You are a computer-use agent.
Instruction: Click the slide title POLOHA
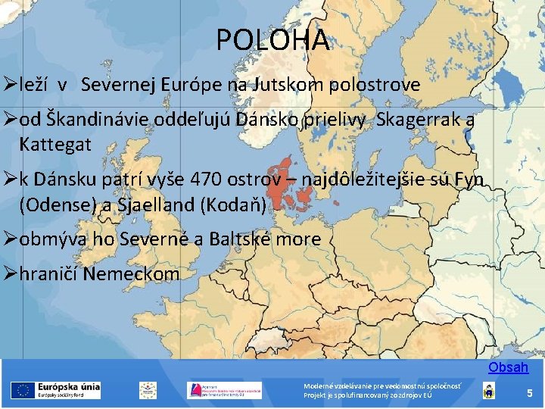click(x=272, y=40)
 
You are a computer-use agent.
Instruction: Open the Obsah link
click(x=508, y=367)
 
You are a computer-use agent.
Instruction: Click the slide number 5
click(x=530, y=393)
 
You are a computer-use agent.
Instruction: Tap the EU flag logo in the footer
click(x=20, y=390)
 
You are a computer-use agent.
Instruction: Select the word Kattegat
click(x=55, y=142)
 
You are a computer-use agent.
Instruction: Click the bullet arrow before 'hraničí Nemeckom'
click(x=10, y=273)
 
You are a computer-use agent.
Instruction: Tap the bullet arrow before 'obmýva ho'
click(x=10, y=239)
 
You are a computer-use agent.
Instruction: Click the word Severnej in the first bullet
click(x=123, y=84)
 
